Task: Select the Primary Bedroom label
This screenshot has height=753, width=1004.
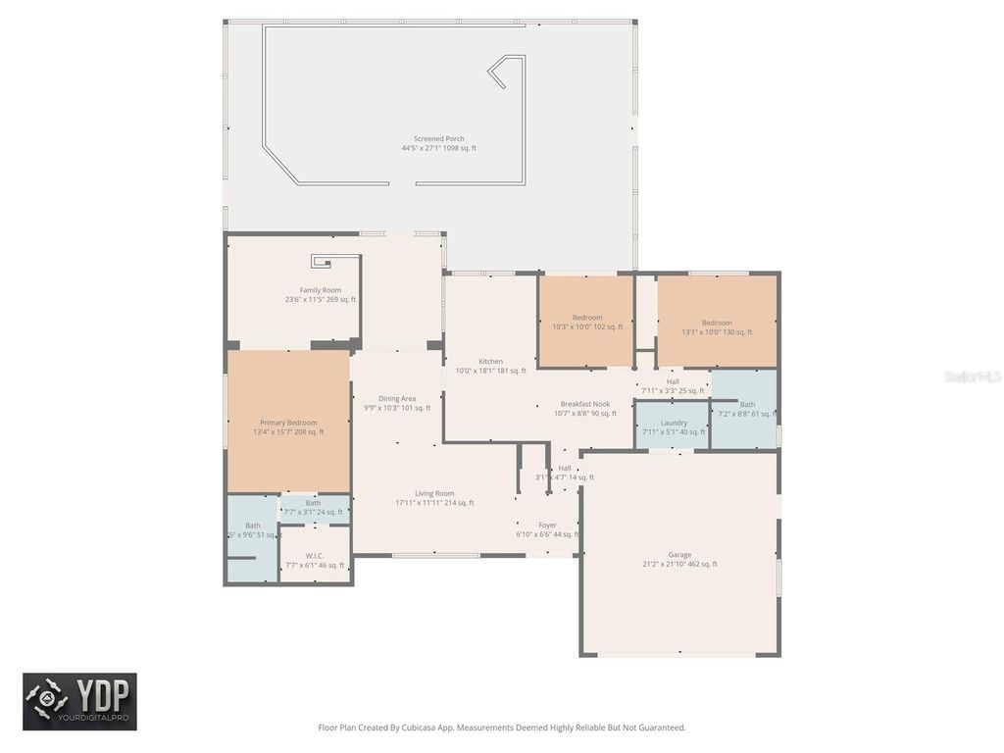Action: tap(288, 423)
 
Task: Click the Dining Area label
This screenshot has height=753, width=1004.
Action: tap(397, 399)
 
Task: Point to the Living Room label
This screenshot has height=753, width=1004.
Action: tap(434, 493)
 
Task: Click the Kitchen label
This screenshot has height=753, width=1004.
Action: tap(490, 362)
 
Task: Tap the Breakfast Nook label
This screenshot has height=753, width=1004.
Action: tap(585, 404)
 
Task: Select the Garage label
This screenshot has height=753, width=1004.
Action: tap(679, 555)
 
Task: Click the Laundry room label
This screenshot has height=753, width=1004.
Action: tap(674, 423)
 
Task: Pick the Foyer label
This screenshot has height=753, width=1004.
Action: tap(547, 526)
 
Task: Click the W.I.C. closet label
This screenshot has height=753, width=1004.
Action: tap(314, 556)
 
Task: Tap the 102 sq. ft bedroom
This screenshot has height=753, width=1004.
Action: tap(587, 323)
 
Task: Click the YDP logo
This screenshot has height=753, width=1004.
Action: tap(79, 701)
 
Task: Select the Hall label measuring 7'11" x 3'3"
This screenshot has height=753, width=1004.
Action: tap(673, 382)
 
